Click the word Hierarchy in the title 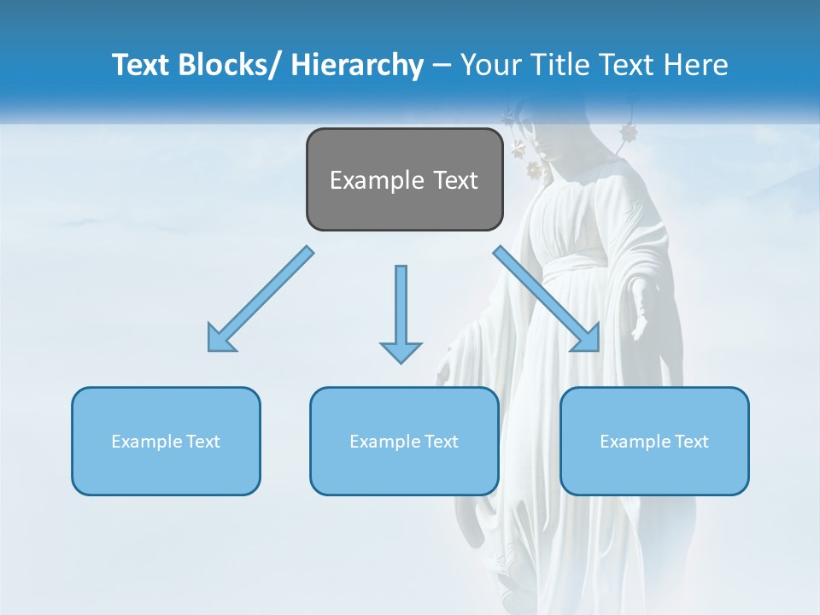click(x=356, y=65)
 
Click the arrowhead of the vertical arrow click(x=401, y=350)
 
